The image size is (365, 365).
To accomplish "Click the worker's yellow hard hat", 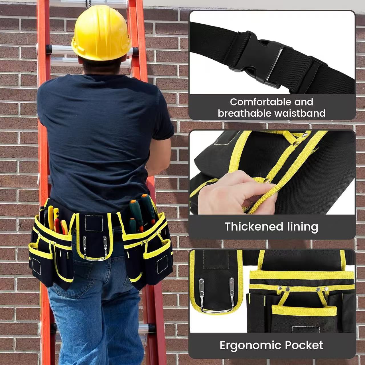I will [101, 33].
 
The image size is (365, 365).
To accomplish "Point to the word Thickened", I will [254, 227].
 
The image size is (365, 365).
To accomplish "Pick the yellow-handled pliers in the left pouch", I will [51, 217].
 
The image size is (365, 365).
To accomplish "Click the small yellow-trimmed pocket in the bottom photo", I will [304, 317].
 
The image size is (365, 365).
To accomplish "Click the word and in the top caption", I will [304, 102].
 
